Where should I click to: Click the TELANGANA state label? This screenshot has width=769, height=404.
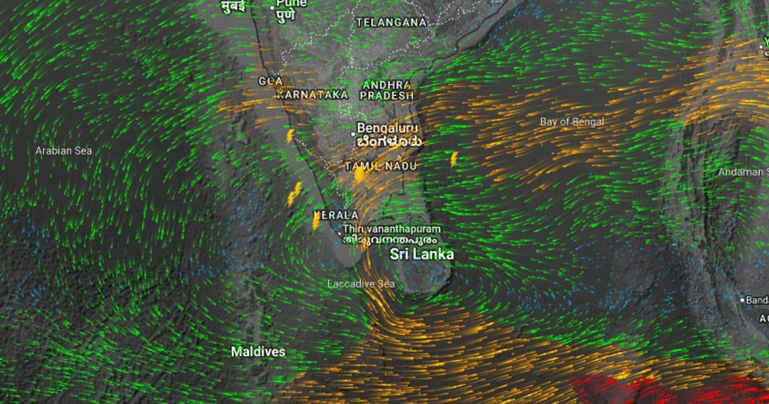click(391, 22)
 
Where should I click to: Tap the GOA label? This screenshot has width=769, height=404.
click(270, 81)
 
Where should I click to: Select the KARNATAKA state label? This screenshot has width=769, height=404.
click(312, 94)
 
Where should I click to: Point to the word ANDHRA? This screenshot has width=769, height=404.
click(386, 85)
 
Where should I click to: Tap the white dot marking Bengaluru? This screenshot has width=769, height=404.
click(353, 134)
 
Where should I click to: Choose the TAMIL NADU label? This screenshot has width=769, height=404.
click(381, 166)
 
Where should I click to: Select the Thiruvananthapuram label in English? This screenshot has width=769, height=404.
click(392, 228)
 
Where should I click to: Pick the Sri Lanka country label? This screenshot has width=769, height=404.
click(422, 254)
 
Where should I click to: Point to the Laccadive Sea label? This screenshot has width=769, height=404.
click(361, 283)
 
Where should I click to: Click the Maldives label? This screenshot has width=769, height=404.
click(258, 351)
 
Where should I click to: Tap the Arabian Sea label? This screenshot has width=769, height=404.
click(63, 151)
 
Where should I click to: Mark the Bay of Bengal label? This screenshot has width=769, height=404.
click(572, 121)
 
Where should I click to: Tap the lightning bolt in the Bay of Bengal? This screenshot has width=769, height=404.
click(454, 158)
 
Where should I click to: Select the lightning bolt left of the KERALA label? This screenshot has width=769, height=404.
click(316, 220)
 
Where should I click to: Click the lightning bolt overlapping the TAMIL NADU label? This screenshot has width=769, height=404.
click(360, 173)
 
